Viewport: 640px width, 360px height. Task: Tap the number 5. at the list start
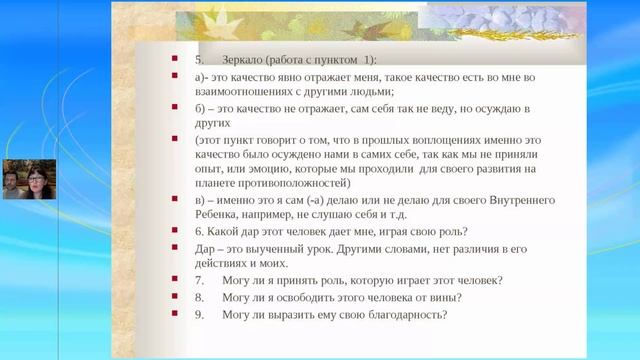[200, 59]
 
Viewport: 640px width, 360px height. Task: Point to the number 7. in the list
[200, 279]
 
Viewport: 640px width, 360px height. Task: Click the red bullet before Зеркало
[173, 59]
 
